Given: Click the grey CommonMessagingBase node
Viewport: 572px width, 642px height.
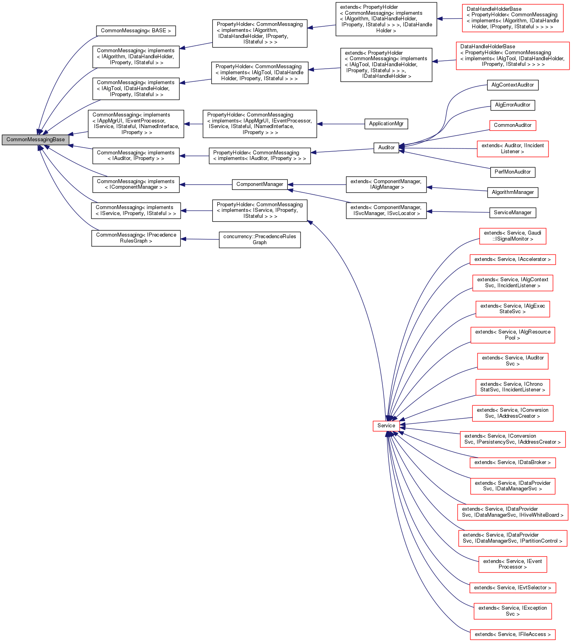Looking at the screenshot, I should [x=35, y=140].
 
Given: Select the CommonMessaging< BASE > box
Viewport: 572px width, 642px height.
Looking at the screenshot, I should [x=136, y=31].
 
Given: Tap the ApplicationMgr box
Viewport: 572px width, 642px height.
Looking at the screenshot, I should [x=386, y=124].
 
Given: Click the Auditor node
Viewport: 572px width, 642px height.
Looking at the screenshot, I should [x=386, y=148].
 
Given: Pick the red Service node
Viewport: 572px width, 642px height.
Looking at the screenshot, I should [x=386, y=426].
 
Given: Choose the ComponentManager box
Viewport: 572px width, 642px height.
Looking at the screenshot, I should [x=259, y=184].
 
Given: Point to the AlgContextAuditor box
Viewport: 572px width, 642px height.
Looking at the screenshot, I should [x=513, y=85].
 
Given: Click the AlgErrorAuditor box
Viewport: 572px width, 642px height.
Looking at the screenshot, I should [x=513, y=105].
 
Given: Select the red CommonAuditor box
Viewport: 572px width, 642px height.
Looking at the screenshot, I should [x=513, y=125].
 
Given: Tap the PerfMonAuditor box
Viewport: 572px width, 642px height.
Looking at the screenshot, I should [x=513, y=172].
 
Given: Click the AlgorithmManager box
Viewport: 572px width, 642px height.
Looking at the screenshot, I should [x=513, y=192].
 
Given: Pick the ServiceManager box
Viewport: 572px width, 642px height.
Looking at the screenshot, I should [x=513, y=213].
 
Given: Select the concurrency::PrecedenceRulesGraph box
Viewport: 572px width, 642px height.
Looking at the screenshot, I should [x=259, y=239].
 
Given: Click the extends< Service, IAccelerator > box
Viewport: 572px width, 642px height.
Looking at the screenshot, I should [x=512, y=259].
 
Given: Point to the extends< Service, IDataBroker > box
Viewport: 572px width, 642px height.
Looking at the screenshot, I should [x=512, y=462].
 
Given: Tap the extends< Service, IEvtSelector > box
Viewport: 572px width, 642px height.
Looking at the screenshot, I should [x=512, y=588].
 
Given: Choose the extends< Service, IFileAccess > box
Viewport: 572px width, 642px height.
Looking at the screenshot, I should [x=512, y=634].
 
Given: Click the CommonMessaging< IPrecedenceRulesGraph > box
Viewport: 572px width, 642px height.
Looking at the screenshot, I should [x=136, y=238].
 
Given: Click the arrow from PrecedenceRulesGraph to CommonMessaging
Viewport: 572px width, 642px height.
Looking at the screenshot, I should [x=200, y=239].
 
